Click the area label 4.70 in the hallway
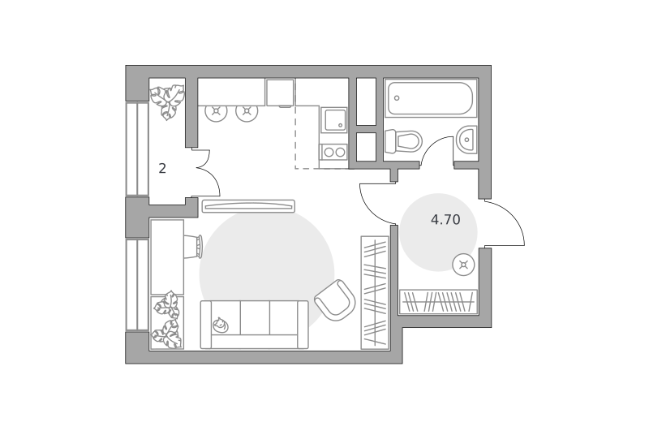coord(445,219)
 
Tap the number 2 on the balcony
coord(162,168)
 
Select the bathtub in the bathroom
coord(431,98)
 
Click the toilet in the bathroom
coord(402,141)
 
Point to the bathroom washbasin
coord(467,140)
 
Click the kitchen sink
coord(334,119)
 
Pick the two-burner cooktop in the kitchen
coord(334,152)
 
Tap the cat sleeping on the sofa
coord(221,325)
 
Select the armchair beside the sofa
coord(335,300)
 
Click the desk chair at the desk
coord(193,247)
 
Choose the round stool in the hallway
coord(463,265)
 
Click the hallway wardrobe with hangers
coord(438,301)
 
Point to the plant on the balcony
coord(167,101)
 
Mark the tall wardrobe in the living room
coord(375,293)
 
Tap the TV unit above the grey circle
coord(248,206)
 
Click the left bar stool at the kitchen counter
coord(216,111)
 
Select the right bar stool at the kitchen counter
coord(247,111)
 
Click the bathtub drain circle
coord(397,98)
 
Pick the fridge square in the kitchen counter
coord(280,93)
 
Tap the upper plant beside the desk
coord(167,304)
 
